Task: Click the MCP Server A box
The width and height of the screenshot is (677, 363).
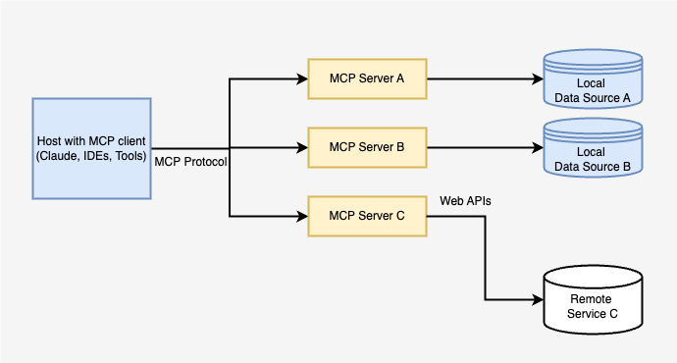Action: [x=367, y=78]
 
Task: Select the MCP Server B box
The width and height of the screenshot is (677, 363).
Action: [x=367, y=147]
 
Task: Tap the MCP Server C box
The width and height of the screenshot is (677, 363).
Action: [x=367, y=216]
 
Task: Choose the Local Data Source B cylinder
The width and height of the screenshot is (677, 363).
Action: [x=593, y=151]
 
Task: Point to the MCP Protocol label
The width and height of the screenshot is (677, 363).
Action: [x=190, y=162]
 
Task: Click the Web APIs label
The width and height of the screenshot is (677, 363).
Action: [x=465, y=200]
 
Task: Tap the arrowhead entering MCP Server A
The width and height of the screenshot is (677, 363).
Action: [x=302, y=78]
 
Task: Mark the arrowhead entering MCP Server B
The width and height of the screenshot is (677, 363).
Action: [x=302, y=147]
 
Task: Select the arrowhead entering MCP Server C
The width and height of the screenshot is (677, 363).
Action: [x=302, y=216]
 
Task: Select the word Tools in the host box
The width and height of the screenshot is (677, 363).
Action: [x=128, y=157]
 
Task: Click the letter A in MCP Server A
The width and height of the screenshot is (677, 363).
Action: [x=400, y=78]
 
